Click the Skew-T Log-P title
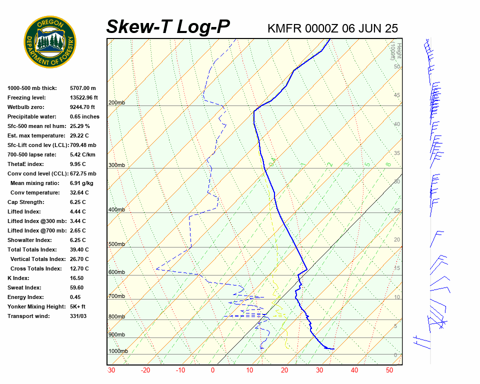pos(168,27)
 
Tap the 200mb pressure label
pos(116,103)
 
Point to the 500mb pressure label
pos(116,244)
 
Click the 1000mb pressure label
pos(118,351)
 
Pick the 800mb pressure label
pos(116,316)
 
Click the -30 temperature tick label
pos(111,370)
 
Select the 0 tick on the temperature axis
pos(212,370)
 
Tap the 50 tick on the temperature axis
pos(389,370)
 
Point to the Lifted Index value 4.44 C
pos(77,211)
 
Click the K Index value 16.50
pos(76,278)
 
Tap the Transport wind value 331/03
pos(78,316)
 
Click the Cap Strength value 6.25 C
pos(77,202)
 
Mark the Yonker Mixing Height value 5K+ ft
pos(78,306)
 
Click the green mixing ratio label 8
pos(388,164)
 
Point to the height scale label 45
pos(397,95)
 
